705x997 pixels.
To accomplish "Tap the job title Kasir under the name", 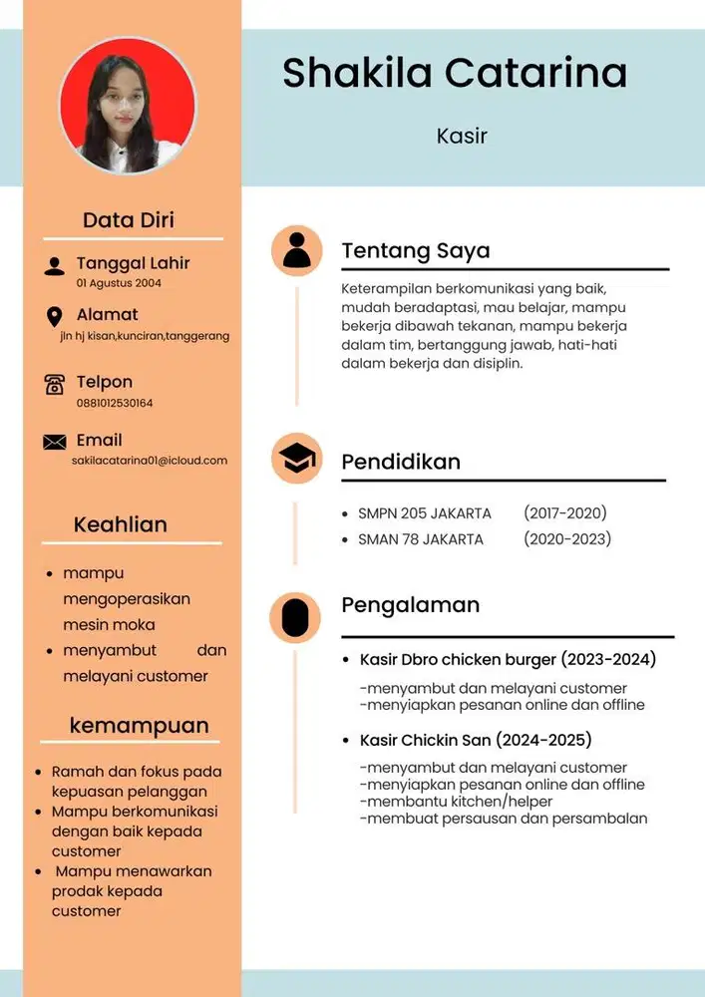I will click(x=462, y=136).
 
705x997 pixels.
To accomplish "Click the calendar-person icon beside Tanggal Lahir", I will click(x=55, y=266).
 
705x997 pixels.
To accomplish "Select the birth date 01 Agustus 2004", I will click(x=119, y=283).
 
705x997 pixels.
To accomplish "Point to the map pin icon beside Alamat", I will click(x=55, y=317).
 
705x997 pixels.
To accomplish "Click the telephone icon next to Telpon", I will click(x=55, y=384).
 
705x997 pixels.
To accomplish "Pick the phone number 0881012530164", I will click(x=115, y=403).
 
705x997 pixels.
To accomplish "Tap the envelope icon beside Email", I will click(x=55, y=442).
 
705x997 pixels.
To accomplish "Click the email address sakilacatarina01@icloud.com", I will click(x=150, y=461).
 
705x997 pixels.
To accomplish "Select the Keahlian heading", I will click(x=121, y=524).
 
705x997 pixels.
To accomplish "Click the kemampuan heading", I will click(x=139, y=725).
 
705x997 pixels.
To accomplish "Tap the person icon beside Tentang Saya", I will click(x=296, y=250).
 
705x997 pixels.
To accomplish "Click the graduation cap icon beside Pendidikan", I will click(x=296, y=459).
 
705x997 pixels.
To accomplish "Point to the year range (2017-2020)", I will click(x=564, y=513).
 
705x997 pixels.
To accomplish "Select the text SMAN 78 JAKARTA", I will click(x=421, y=539).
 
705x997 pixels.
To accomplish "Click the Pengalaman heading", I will click(x=411, y=605).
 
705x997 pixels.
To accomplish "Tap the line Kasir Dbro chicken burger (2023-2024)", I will click(x=508, y=660).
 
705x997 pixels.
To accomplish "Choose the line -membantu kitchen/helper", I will click(x=456, y=802).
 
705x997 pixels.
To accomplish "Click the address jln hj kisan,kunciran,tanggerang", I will click(x=145, y=336).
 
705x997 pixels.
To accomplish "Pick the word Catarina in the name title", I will click(x=536, y=74).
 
